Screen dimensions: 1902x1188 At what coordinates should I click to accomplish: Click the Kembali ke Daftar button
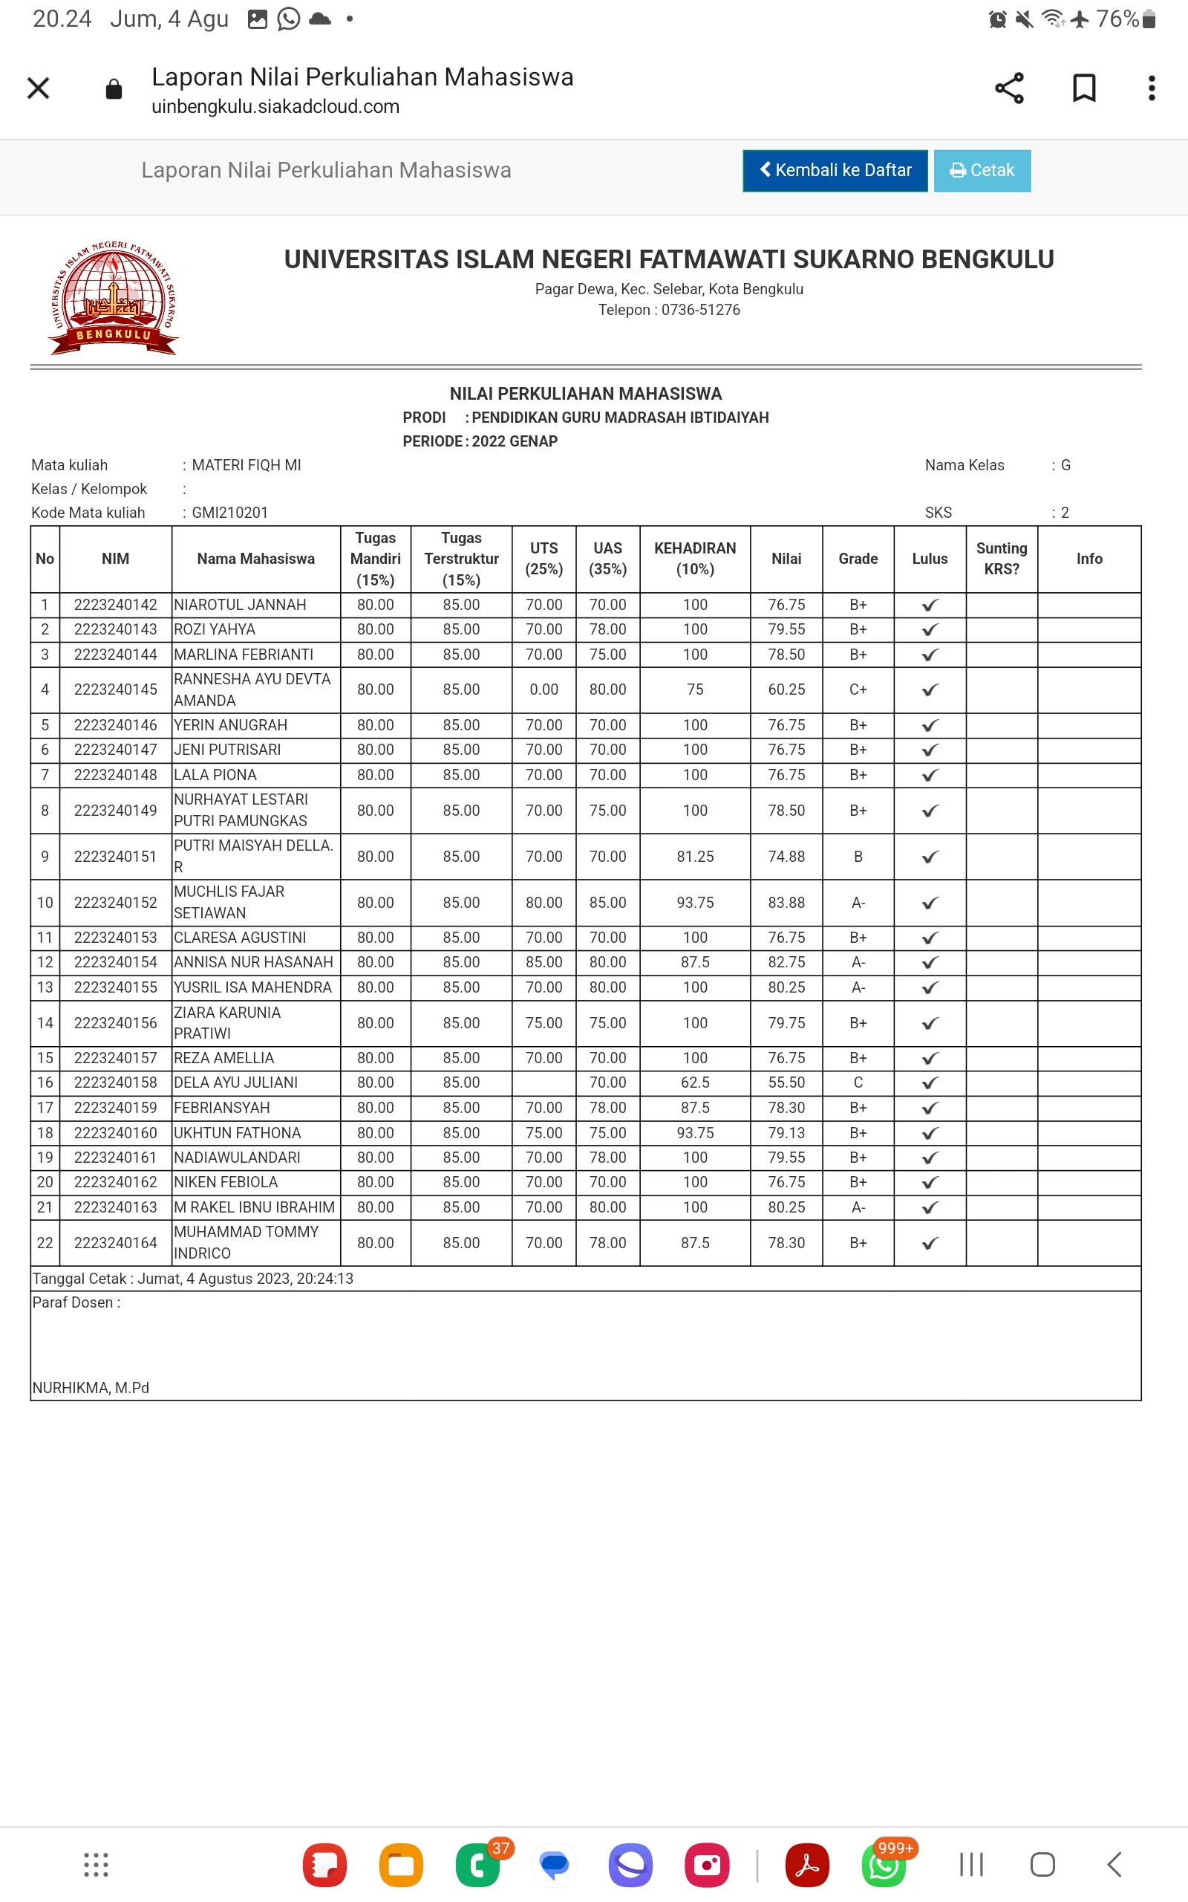click(835, 171)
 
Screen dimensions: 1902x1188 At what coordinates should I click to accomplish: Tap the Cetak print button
click(982, 171)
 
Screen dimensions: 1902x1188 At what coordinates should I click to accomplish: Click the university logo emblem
click(114, 298)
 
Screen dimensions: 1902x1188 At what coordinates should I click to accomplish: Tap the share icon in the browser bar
click(1009, 88)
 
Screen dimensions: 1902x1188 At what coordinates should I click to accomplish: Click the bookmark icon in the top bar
click(1083, 88)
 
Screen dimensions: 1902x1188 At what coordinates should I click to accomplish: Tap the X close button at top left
click(39, 88)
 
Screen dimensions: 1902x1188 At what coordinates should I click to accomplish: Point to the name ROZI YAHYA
click(215, 629)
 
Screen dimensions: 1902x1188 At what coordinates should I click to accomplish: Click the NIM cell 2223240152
click(116, 902)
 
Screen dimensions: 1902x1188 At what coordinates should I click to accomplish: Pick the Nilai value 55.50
click(786, 1083)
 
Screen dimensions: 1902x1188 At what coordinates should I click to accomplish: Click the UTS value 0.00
click(544, 689)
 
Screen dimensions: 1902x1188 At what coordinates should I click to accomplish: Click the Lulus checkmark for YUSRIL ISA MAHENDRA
click(930, 988)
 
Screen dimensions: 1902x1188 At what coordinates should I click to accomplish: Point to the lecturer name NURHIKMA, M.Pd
click(91, 1387)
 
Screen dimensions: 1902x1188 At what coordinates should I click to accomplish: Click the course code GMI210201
click(229, 513)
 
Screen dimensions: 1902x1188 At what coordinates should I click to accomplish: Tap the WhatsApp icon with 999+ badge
click(884, 1864)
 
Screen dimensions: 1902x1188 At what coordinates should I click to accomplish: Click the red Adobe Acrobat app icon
click(807, 1864)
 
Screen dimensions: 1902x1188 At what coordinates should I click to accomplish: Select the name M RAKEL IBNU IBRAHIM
click(254, 1207)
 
